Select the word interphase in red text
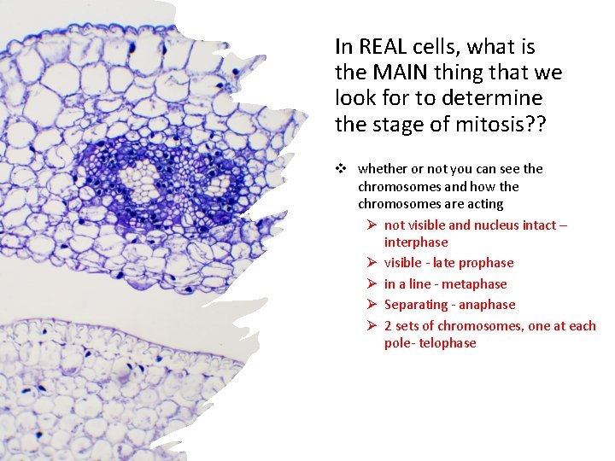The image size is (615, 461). [415, 242]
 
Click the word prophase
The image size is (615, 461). [485, 263]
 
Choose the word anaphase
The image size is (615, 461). [487, 305]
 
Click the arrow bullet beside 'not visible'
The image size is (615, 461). [372, 225]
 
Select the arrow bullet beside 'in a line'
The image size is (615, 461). [372, 284]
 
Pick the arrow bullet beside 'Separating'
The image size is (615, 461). [372, 305]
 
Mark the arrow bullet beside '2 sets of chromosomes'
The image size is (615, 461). [372, 326]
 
